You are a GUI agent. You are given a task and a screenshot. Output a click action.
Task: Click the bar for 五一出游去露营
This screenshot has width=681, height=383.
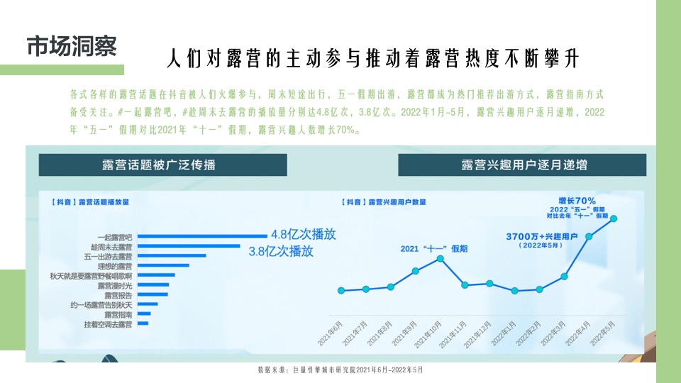pyautogui.click(x=171, y=255)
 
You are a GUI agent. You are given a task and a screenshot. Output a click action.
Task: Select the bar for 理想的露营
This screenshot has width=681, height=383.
pyautogui.click(x=162, y=265)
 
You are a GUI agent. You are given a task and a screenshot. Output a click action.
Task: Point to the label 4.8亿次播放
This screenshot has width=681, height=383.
pyautogui.click(x=303, y=235)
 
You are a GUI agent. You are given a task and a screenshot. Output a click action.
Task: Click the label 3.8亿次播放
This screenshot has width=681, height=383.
pyautogui.click(x=281, y=250)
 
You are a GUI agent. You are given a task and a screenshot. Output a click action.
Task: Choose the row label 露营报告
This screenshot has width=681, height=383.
pyautogui.click(x=118, y=294)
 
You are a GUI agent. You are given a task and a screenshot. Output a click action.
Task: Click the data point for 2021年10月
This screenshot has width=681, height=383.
pyautogui.click(x=441, y=259)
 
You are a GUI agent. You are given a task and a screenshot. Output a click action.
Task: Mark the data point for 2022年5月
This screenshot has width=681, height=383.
pyautogui.click(x=614, y=218)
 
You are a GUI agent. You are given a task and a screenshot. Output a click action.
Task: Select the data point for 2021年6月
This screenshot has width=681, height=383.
pyautogui.click(x=341, y=291)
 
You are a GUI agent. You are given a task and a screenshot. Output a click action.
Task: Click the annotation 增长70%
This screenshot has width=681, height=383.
pyautogui.click(x=577, y=201)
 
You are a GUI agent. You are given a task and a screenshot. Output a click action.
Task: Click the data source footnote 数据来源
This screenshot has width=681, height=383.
pyautogui.click(x=340, y=370)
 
